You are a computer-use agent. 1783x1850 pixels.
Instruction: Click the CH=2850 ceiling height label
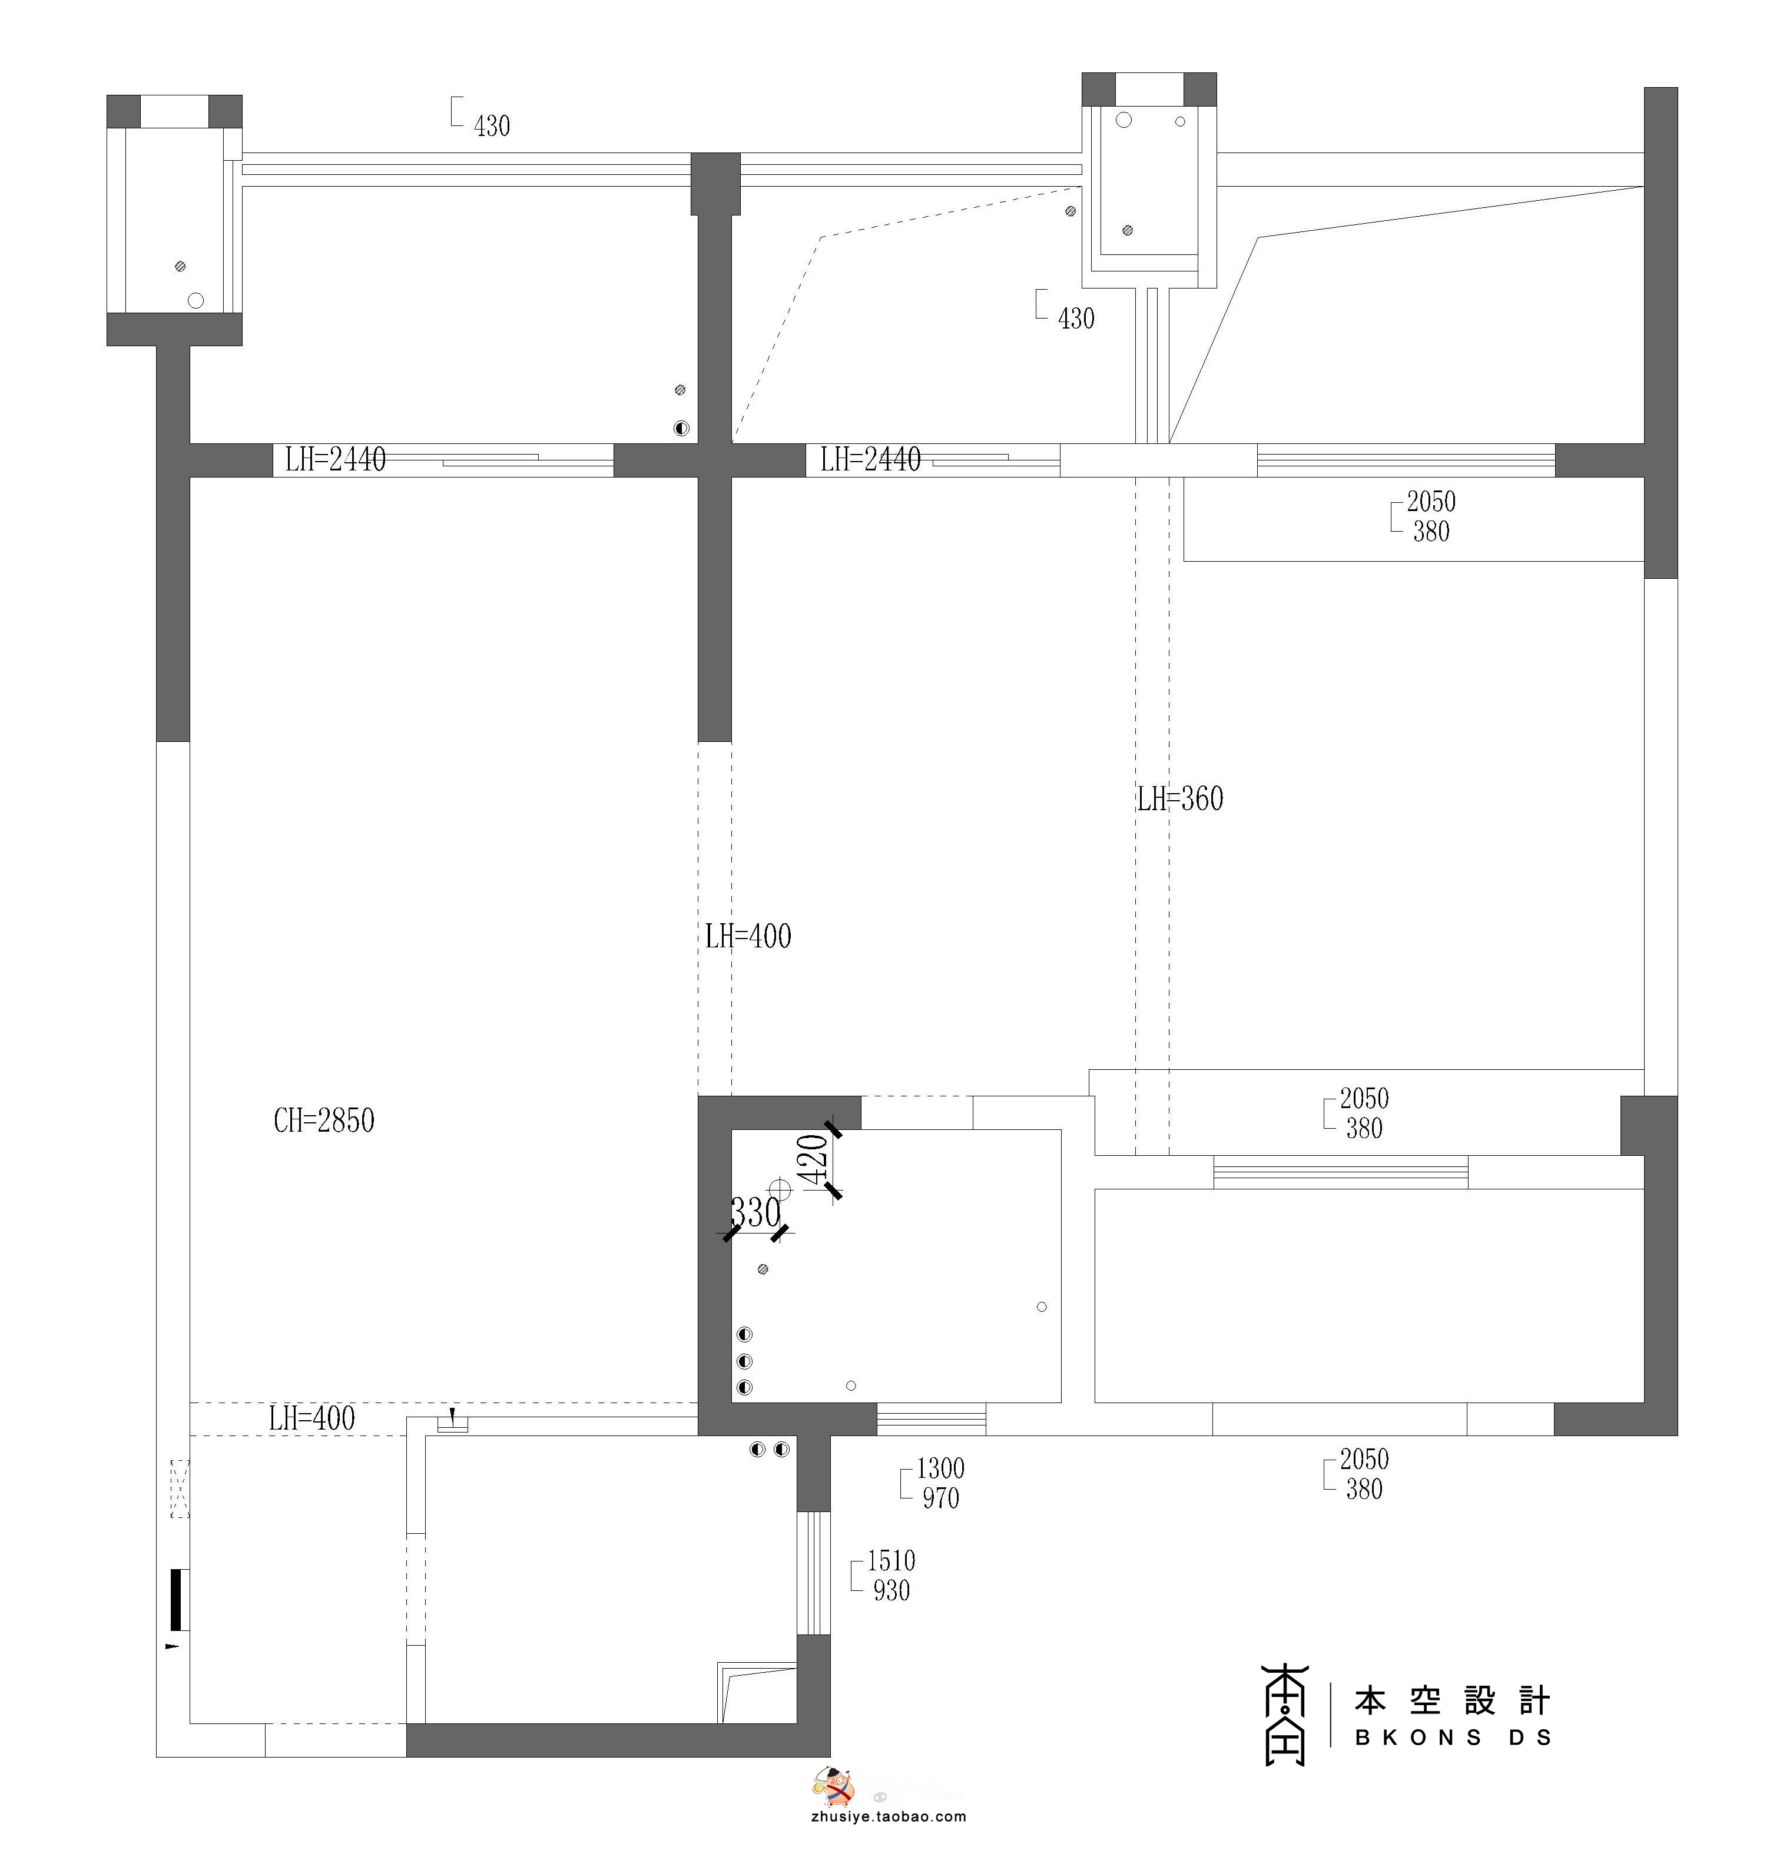pos(324,1120)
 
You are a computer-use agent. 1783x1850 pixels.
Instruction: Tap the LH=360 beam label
pos(1180,800)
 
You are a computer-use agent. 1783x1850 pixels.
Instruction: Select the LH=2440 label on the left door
pos(335,460)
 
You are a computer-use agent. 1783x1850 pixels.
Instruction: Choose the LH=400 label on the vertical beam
pos(748,936)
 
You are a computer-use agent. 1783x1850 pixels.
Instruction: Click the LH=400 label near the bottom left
pos(311,1418)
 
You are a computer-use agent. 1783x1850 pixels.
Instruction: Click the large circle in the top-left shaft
pos(195,301)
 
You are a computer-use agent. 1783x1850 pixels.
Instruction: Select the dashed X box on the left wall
pos(180,1488)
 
